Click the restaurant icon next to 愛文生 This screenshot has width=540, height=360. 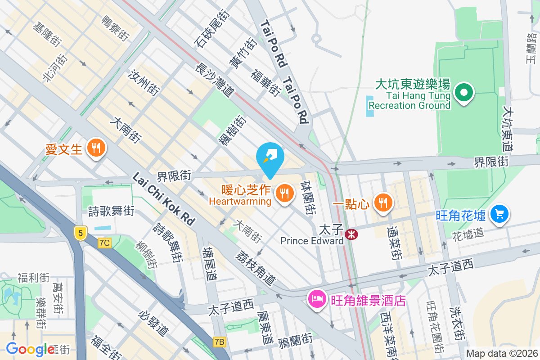tap(96, 147)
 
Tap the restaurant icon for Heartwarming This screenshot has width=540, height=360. tap(283, 193)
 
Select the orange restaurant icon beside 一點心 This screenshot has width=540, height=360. tap(383, 202)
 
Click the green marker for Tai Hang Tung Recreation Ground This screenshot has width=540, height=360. tap(464, 93)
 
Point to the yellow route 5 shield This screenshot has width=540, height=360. tap(80, 233)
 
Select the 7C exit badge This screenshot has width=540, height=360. tap(104, 243)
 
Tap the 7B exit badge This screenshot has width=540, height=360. tap(219, 342)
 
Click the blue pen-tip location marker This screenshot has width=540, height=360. tap(270, 158)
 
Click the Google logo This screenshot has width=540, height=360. tap(30, 349)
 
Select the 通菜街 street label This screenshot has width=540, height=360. tap(395, 243)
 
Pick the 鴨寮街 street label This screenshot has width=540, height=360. tap(114, 28)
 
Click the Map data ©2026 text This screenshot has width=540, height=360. tap(502, 354)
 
